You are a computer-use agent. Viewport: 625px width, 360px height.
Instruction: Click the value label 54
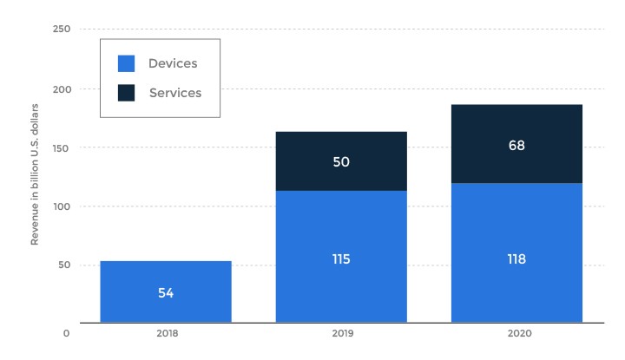(x=166, y=293)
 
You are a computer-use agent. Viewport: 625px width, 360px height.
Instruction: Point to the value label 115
(x=341, y=259)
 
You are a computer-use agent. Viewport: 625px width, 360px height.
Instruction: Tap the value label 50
(x=341, y=162)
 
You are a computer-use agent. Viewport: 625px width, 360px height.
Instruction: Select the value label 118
(x=516, y=259)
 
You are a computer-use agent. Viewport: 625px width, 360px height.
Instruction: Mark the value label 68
(x=516, y=145)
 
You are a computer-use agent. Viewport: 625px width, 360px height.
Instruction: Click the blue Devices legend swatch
(x=126, y=63)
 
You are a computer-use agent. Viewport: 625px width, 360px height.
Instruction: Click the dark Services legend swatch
(x=126, y=92)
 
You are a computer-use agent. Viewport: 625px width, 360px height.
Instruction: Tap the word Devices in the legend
(x=172, y=63)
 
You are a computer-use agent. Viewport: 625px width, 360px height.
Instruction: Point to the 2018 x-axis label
(x=166, y=332)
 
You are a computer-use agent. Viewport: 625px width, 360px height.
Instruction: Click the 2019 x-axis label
(x=341, y=332)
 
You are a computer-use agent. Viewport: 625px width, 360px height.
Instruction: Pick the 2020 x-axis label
(x=516, y=332)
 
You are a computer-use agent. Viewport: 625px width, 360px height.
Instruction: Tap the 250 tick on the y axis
(x=61, y=29)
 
